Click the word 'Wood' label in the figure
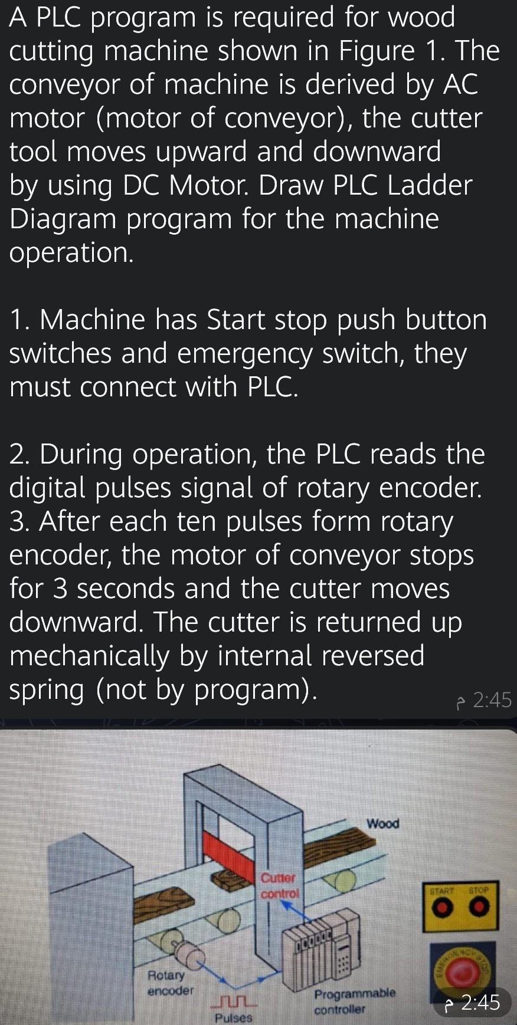tap(382, 823)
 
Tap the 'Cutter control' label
tap(279, 886)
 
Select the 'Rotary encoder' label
tap(169, 983)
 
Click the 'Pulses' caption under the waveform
tap(233, 1018)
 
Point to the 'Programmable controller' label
tap(354, 1001)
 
